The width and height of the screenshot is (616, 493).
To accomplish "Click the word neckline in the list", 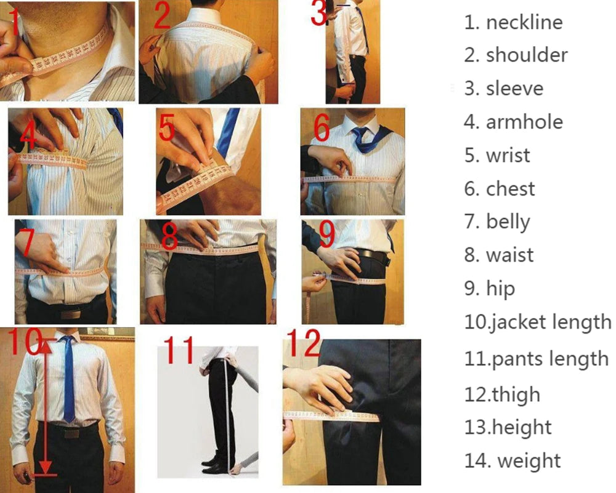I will click(x=524, y=23).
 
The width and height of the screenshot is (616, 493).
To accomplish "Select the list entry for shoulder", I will click(x=527, y=55).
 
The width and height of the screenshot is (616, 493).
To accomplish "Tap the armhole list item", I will click(x=524, y=122).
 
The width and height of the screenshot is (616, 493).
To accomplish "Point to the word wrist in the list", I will click(x=508, y=155).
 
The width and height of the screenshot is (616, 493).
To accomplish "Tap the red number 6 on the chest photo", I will click(x=322, y=127).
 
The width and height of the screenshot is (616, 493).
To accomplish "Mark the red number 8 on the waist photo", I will click(x=169, y=236).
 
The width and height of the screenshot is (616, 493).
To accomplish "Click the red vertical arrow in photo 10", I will click(x=45, y=406).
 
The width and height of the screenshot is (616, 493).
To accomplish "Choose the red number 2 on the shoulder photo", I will click(x=161, y=17).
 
